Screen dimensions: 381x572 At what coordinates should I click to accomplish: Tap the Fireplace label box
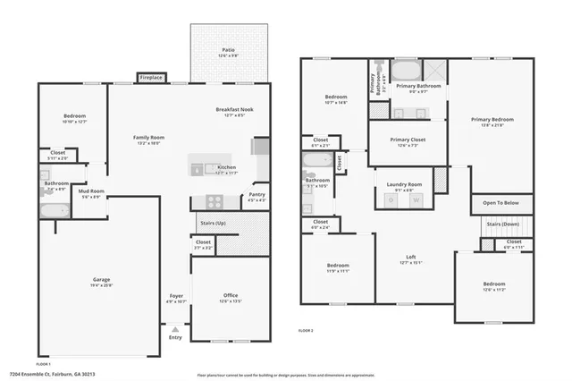coord(151,79)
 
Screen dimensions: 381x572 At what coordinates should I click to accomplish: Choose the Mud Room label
coord(91,191)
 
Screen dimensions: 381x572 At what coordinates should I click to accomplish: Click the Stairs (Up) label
coord(212,223)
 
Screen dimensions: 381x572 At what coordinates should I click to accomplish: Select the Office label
coord(231,297)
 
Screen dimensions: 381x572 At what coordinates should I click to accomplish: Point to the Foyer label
coord(176,297)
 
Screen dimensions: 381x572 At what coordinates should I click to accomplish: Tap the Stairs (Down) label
coord(502,224)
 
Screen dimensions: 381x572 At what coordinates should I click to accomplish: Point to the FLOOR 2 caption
coord(306,331)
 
